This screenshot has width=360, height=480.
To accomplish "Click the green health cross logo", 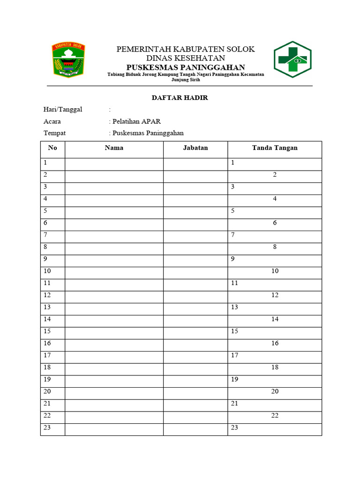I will [292, 60].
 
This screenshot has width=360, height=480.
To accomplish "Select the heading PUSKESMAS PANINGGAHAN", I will [186, 67].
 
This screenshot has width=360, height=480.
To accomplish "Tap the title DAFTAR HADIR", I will [180, 97].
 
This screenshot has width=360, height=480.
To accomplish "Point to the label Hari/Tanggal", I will [63, 109].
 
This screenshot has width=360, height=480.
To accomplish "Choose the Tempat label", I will [55, 133].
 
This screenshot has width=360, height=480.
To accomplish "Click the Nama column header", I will [114, 148].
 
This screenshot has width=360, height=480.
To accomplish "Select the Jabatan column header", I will [195, 148].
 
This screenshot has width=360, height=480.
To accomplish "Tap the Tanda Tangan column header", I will [275, 148].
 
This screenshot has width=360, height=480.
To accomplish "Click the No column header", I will [52, 148].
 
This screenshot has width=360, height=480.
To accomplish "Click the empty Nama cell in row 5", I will [114, 211].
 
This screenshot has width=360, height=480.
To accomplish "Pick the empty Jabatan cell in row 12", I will [195, 295].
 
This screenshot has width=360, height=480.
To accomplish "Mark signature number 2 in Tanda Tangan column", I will [275, 175].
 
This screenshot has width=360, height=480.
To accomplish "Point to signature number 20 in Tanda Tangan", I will [275, 391].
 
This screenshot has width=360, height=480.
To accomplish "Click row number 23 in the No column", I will [47, 427].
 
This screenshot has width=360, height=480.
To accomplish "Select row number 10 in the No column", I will [47, 271].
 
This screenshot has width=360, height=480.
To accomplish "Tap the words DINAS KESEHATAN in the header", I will [186, 58].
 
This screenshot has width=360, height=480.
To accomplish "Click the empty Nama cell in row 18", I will [114, 367].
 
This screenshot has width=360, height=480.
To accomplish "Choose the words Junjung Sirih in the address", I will [186, 80].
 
